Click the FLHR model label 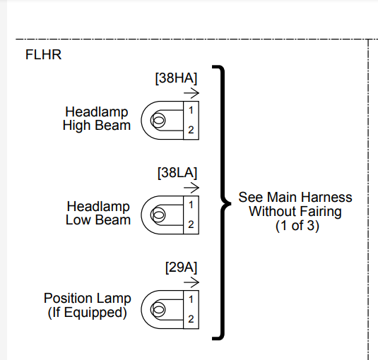pyautogui.click(x=43, y=54)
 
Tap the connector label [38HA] pyautogui.click(x=176, y=78)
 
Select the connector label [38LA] pyautogui.click(x=177, y=173)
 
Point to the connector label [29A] pyautogui.click(x=182, y=268)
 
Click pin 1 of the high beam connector pyautogui.click(x=191, y=111)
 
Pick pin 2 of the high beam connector pyautogui.click(x=191, y=130)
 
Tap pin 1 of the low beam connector pyautogui.click(x=191, y=205)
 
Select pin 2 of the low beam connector pyautogui.click(x=191, y=224)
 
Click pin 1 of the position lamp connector pyautogui.click(x=191, y=299)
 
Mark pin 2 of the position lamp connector pyautogui.click(x=191, y=319)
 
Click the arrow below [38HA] pyautogui.click(x=191, y=93)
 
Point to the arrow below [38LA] pyautogui.click(x=191, y=188)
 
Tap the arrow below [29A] pyautogui.click(x=191, y=282)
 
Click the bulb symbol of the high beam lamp pyautogui.click(x=158, y=120)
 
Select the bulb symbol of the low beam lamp pyautogui.click(x=158, y=215)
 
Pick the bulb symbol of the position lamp pyautogui.click(x=158, y=309)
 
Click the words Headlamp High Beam pyautogui.click(x=97, y=119)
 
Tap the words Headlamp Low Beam pyautogui.click(x=98, y=213)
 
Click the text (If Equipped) pyautogui.click(x=88, y=313)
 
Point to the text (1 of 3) pyautogui.click(x=297, y=226)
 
